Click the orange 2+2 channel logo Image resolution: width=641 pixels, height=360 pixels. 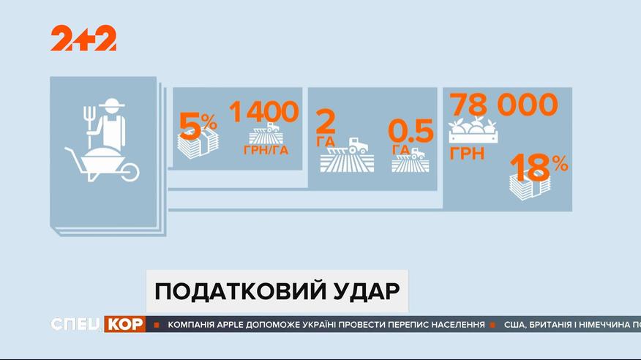83,38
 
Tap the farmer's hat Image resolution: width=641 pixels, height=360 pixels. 111,103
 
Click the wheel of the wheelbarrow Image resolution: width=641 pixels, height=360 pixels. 130,172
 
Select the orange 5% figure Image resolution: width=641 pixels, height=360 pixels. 198,126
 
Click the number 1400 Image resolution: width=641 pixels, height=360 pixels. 263,111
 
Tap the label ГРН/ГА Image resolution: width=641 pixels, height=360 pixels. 266,150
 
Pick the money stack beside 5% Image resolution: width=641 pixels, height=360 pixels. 198,144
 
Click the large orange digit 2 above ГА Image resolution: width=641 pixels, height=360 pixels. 326,121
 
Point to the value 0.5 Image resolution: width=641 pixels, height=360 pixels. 411,131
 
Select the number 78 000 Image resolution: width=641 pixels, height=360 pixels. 504,105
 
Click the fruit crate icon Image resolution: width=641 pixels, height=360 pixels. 473,130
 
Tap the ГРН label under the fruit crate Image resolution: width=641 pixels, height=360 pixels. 467,154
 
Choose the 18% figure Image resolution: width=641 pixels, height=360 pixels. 539,167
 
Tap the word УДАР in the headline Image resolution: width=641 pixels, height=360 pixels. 367,291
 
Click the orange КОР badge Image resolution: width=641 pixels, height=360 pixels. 124,324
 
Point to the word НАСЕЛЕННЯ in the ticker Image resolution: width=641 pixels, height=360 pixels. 458,325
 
